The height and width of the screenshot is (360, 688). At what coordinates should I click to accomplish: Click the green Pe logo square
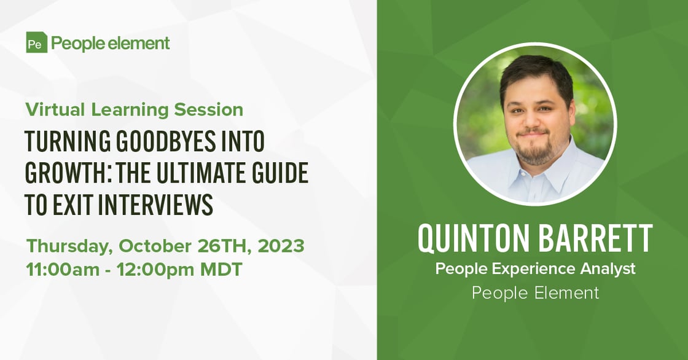36,42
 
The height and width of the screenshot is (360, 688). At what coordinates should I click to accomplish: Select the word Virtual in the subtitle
55,109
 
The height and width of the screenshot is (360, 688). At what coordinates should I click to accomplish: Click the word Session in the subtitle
208,109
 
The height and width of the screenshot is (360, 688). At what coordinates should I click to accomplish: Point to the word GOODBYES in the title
166,142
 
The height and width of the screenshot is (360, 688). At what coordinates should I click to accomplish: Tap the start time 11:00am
63,269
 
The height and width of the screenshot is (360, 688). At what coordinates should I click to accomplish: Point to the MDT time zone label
221,269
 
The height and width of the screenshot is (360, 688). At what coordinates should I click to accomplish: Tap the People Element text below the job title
535,293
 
